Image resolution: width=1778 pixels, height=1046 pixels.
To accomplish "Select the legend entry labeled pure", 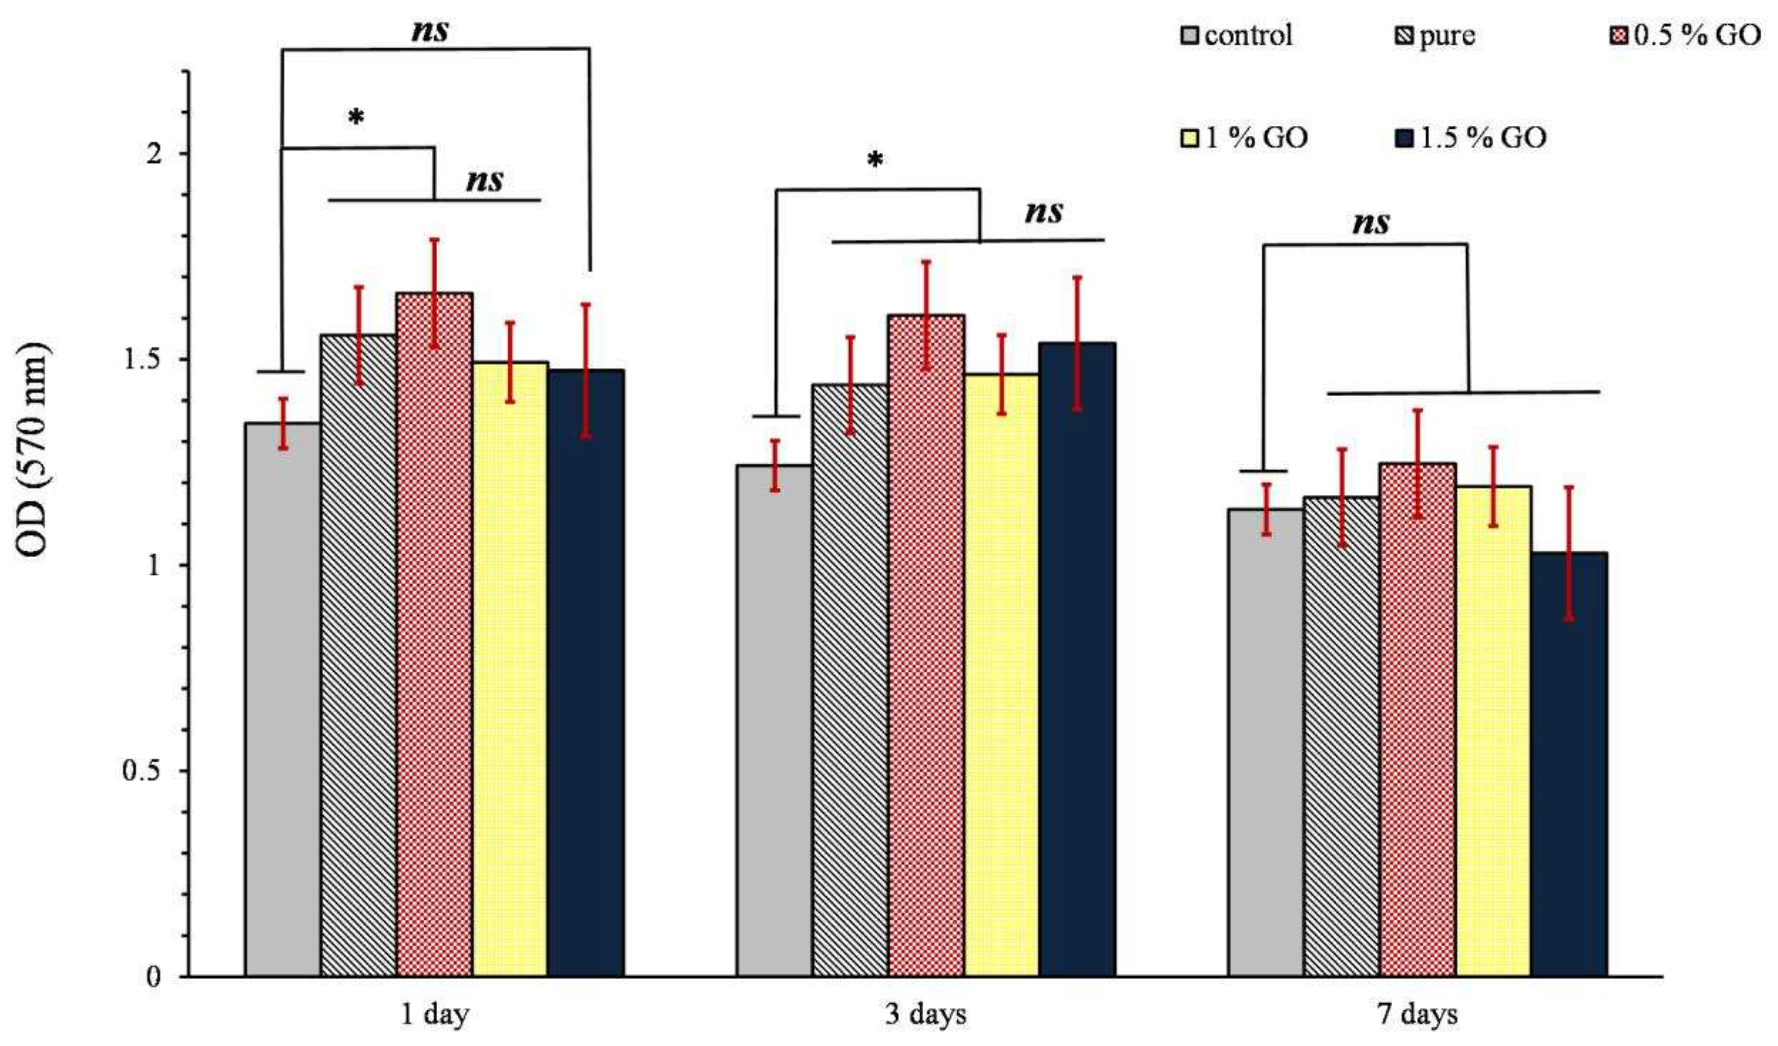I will (x=1435, y=35).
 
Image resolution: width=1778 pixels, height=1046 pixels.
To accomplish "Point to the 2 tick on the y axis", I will (x=153, y=154).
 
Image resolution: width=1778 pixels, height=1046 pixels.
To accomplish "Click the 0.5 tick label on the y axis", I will (x=141, y=770).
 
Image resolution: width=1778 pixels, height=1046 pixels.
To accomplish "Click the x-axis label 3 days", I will (x=925, y=1014).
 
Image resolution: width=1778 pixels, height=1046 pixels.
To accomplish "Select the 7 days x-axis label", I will (x=1417, y=1014).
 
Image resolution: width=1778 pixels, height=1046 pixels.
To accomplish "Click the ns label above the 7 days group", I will (x=1370, y=223).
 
